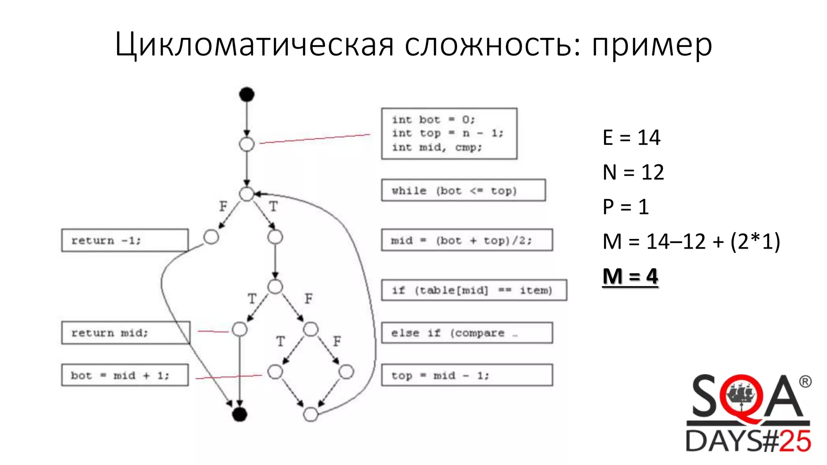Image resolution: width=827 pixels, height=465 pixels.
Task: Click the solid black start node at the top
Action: pyautogui.click(x=247, y=94)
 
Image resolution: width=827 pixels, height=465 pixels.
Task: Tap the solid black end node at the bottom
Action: pyautogui.click(x=239, y=414)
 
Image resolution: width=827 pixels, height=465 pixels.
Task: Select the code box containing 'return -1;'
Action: pyautogui.click(x=125, y=241)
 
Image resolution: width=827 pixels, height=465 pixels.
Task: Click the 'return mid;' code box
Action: pyautogui.click(x=126, y=333)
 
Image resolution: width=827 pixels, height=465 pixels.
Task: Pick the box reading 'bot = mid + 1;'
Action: pyautogui.click(x=125, y=375)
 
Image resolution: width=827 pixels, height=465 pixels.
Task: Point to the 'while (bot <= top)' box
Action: pyautogui.click(x=463, y=191)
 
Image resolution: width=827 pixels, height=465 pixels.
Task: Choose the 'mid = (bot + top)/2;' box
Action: pyautogui.click(x=467, y=241)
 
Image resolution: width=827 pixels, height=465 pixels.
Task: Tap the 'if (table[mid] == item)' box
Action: pyautogui.click(x=474, y=290)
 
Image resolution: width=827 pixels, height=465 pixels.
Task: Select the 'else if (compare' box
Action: pyautogui.click(x=467, y=333)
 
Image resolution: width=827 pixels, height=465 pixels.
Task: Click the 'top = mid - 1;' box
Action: pyautogui.click(x=467, y=375)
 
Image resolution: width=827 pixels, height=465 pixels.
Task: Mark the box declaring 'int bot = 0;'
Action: pyautogui.click(x=449, y=134)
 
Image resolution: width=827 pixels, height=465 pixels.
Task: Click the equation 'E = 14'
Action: pyautogui.click(x=632, y=138)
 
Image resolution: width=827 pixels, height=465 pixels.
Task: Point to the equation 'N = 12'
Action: pyautogui.click(x=633, y=172)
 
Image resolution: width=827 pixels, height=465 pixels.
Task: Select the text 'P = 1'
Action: pyautogui.click(x=625, y=207)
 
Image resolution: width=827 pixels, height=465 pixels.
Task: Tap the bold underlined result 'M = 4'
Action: pyautogui.click(x=630, y=277)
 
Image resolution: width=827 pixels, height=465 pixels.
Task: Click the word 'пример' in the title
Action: pyautogui.click(x=652, y=45)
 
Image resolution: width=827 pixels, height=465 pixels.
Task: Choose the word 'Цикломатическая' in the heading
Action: pyautogui.click(x=254, y=45)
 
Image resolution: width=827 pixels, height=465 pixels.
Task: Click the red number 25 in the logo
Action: pyautogui.click(x=795, y=441)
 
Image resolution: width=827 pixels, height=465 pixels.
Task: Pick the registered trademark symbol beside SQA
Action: pyautogui.click(x=805, y=381)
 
